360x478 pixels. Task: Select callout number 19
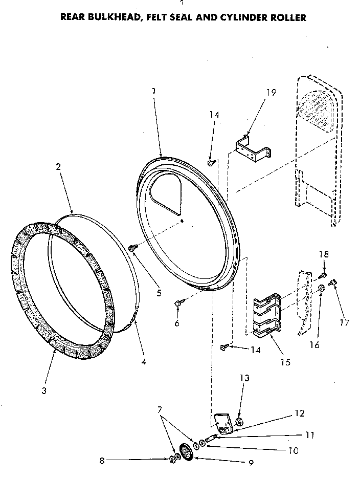271,93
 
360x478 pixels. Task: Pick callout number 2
58,166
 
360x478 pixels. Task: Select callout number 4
143,362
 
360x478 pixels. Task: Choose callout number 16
314,345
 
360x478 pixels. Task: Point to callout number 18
324,254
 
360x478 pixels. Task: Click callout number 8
102,460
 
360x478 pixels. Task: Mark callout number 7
161,409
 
